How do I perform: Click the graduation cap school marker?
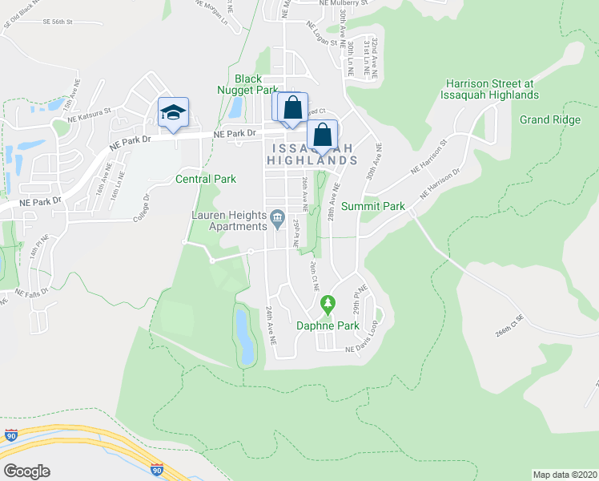(173, 112)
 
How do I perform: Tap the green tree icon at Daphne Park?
(327, 304)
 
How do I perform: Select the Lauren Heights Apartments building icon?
(277, 216)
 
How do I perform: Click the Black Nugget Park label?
(256, 84)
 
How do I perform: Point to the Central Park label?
(206, 179)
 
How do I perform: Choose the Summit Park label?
(373, 206)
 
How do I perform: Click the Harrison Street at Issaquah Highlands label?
(492, 89)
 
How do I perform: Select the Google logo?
(26, 471)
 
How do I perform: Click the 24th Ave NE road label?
(271, 325)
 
